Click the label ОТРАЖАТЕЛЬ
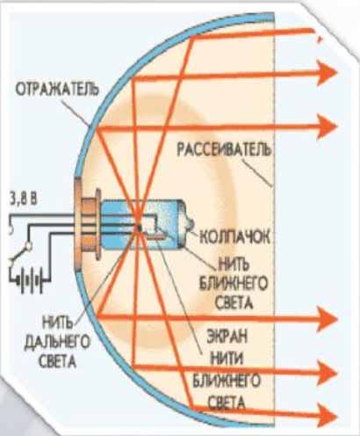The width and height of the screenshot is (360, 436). pyautogui.click(x=57, y=90)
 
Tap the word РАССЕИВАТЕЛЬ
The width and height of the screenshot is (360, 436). pyautogui.click(x=224, y=149)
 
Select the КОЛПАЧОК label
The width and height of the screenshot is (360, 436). pyautogui.click(x=234, y=236)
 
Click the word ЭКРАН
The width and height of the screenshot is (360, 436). pyautogui.click(x=227, y=337)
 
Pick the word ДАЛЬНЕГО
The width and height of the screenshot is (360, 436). pyautogui.click(x=57, y=342)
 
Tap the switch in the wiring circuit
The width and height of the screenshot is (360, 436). pyautogui.click(x=20, y=252)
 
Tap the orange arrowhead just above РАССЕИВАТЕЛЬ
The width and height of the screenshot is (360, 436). pyautogui.click(x=328, y=127)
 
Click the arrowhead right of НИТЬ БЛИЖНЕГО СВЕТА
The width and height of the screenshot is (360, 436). pyautogui.click(x=328, y=319)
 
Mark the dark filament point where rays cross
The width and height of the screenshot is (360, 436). pyautogui.click(x=140, y=227)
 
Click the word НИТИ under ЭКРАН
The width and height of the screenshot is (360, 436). pyautogui.click(x=227, y=359)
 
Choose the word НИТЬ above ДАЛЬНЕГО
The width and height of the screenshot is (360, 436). pyautogui.click(x=57, y=323)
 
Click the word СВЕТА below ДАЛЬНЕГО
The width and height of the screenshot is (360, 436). pyautogui.click(x=57, y=361)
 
